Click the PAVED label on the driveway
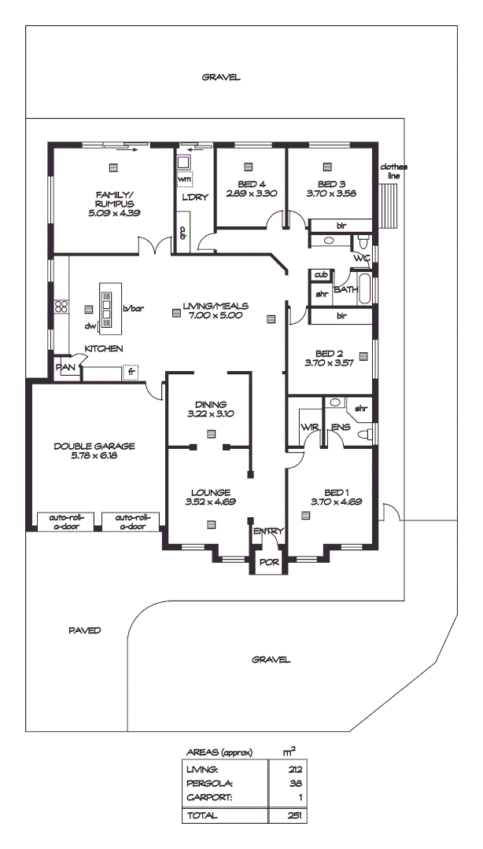[84, 630]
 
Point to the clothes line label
[393, 171]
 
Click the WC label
[361, 258]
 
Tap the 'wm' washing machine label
[184, 179]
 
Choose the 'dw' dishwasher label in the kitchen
[90, 325]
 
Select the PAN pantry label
[65, 367]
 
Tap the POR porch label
[268, 564]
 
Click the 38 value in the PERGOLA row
[295, 784]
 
